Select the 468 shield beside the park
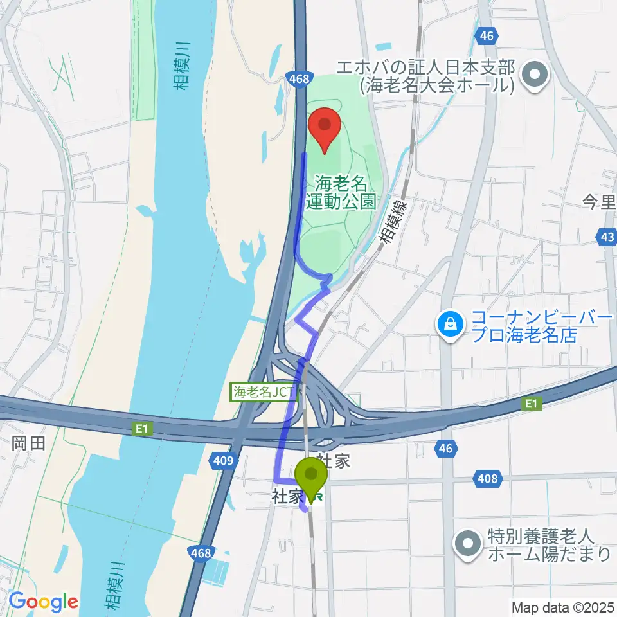[300, 79]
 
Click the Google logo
[42, 602]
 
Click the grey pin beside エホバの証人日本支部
[533, 76]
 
